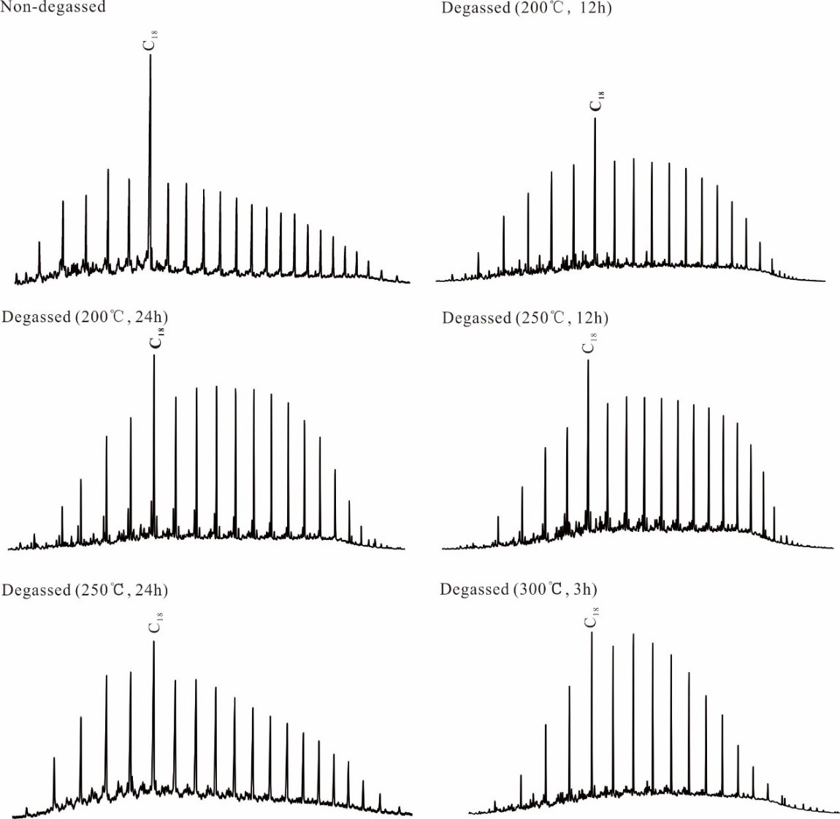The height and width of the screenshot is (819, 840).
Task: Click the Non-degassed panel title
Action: pos(53,7)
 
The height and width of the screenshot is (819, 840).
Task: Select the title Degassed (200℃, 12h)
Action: pos(527,9)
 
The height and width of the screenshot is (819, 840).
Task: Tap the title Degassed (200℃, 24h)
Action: pos(85,317)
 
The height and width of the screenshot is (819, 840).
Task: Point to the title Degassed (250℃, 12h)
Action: pos(525,319)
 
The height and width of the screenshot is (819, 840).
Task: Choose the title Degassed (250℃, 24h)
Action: pos(85,590)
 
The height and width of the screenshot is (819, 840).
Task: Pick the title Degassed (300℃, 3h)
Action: pos(518,590)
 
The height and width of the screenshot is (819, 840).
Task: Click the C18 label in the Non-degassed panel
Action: pos(150,40)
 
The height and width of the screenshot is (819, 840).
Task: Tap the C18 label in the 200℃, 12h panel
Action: pos(597,102)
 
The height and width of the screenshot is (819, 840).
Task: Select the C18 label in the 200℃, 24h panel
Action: pos(156,339)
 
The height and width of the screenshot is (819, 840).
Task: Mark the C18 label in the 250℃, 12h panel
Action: pos(589,343)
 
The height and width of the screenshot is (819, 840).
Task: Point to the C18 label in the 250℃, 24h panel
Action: pos(155,623)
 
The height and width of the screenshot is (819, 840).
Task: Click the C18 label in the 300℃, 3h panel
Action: pos(592,617)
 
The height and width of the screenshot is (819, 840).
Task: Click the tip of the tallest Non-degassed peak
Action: pos(150,56)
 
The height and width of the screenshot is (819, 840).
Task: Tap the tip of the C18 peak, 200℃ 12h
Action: pos(595,119)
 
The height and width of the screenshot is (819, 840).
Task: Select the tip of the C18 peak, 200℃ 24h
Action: pos(154,356)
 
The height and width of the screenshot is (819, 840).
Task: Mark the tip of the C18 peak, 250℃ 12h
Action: pos(589,361)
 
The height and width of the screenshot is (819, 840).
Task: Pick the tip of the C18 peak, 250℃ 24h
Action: pos(153,642)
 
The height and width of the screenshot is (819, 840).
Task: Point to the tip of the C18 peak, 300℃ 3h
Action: pos(592,633)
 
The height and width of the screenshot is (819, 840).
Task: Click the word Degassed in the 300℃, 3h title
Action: pos(474,590)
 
